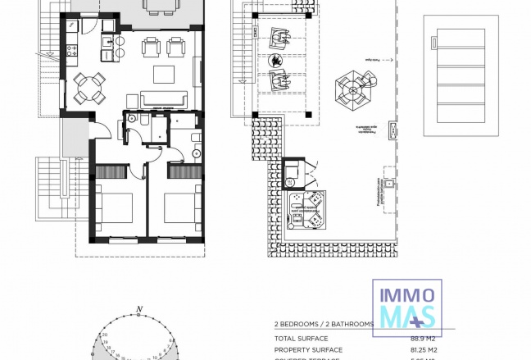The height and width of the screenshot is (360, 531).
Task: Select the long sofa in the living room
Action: click(162, 100)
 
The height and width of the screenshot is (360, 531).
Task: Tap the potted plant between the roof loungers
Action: click(278, 60)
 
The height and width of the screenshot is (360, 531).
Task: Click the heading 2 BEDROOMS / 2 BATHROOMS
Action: click(324, 325)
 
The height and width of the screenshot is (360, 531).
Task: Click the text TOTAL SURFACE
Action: click(301, 339)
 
